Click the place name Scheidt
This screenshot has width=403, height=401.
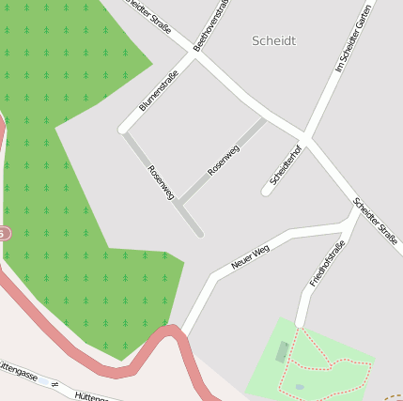[274, 40]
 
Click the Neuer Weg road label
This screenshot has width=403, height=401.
[250, 256]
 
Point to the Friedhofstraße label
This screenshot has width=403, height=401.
[327, 263]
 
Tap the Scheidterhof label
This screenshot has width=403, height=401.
[285, 164]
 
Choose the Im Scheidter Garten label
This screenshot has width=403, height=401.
[353, 39]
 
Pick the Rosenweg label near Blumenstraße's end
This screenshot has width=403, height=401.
[161, 182]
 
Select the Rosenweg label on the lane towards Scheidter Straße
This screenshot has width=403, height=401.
[224, 160]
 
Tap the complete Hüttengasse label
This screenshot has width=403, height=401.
[19, 371]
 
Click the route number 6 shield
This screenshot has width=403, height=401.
[3, 232]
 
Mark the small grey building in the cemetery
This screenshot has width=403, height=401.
[282, 352]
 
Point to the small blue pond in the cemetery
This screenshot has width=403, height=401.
[299, 386]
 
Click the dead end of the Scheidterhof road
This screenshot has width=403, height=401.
[267, 191]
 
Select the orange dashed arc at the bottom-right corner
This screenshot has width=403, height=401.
[395, 397]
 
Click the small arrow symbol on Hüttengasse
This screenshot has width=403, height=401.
[55, 384]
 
